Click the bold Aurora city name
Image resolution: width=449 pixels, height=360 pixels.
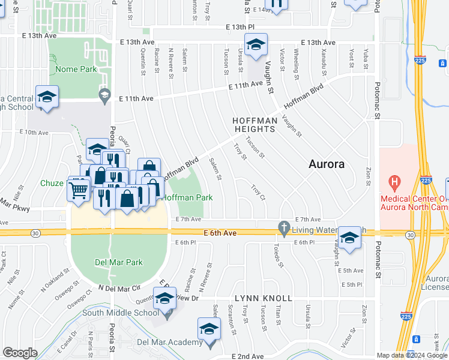(326, 164)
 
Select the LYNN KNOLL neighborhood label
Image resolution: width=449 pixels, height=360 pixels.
(263, 298)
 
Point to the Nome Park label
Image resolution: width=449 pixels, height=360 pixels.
(76, 69)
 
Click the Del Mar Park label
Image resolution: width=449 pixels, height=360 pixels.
(118, 262)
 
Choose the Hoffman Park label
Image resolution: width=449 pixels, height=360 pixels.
(187, 197)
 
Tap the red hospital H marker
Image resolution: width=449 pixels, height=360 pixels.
(394, 181)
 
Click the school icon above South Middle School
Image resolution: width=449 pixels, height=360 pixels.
(165, 298)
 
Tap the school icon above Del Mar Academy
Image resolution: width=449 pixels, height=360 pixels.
(209, 330)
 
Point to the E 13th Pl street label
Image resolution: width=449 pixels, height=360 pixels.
(240, 27)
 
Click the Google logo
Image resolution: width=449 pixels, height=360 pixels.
(20, 353)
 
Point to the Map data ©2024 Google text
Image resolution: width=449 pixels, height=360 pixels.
(412, 355)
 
